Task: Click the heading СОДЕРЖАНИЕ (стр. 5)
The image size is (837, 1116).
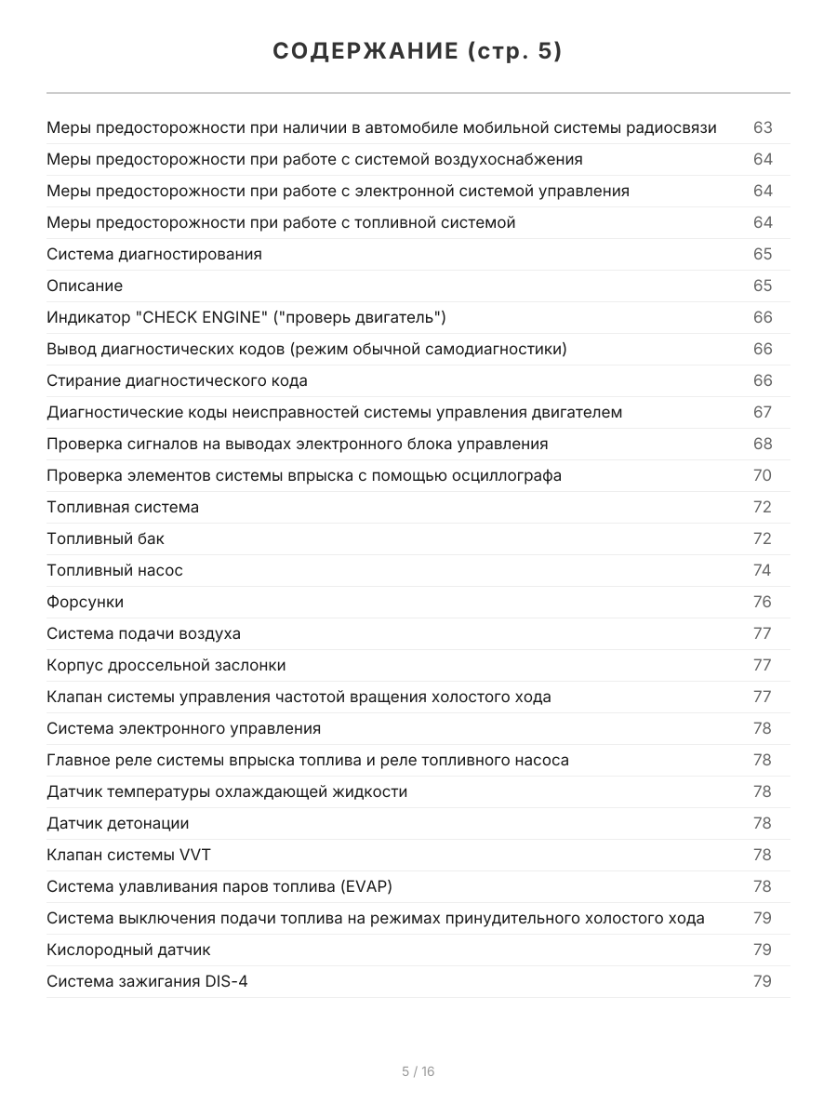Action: [x=418, y=52]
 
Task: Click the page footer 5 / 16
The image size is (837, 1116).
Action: [x=418, y=1071]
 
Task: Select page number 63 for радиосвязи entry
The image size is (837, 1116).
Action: [x=763, y=127]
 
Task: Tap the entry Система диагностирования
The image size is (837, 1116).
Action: [x=154, y=254]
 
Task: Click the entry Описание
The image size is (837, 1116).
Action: [x=85, y=286]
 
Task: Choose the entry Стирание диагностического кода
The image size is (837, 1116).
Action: [x=177, y=380]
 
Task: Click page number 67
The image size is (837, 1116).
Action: [x=763, y=412]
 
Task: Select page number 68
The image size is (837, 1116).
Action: [x=763, y=444]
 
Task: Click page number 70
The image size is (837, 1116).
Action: [x=763, y=475]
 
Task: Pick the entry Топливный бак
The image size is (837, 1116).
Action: [x=105, y=538]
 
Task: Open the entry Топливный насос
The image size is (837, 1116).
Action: [x=114, y=570]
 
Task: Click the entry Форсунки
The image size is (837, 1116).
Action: [x=85, y=602]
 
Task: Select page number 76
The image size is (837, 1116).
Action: [x=763, y=602]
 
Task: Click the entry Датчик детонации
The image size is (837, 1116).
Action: [x=118, y=823]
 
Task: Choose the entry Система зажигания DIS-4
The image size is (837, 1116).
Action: [x=147, y=981]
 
